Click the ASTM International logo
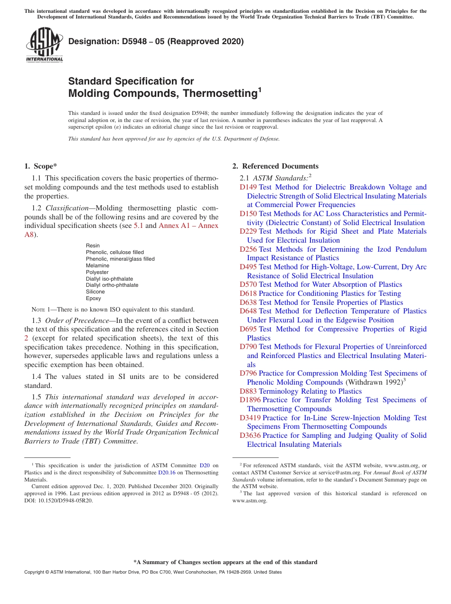(x=44, y=45)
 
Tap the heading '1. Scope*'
(x=40, y=166)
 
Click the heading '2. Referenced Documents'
(x=275, y=166)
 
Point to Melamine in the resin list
(x=97, y=265)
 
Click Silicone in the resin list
(x=95, y=292)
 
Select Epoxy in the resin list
(x=94, y=298)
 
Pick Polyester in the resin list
(x=97, y=272)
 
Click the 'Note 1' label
(x=43, y=309)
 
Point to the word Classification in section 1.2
(x=66, y=208)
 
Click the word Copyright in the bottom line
(x=35, y=572)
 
